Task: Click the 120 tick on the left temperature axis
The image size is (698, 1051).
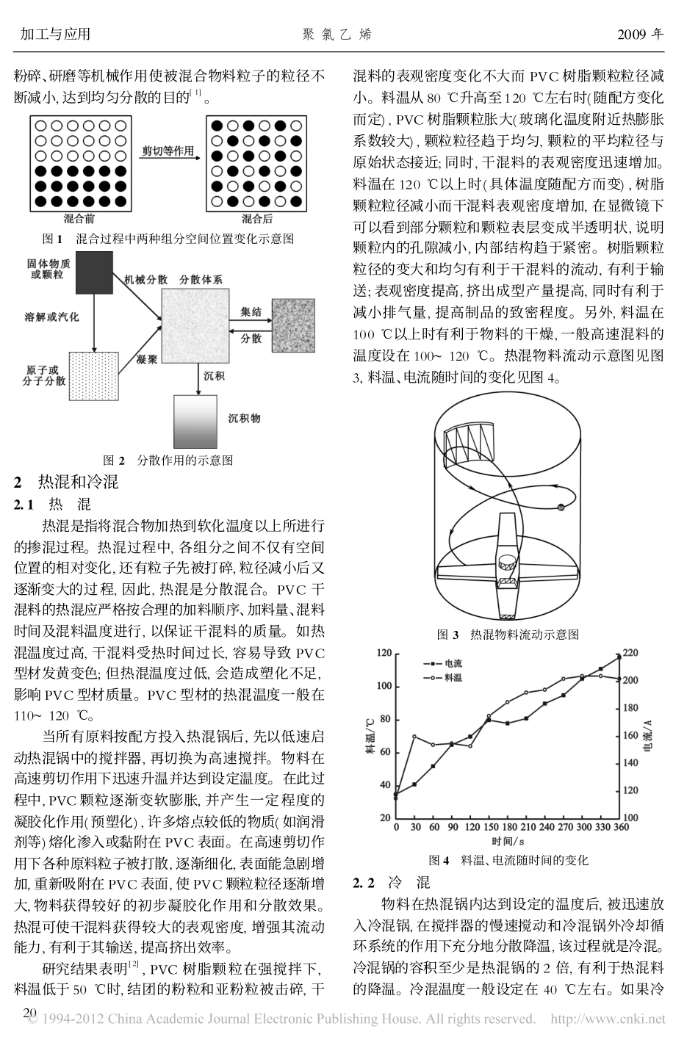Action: coord(383,654)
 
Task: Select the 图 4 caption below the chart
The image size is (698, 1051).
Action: coord(508,859)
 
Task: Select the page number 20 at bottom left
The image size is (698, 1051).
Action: coord(29,1014)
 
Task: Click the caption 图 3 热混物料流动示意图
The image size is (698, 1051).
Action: coord(508,634)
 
